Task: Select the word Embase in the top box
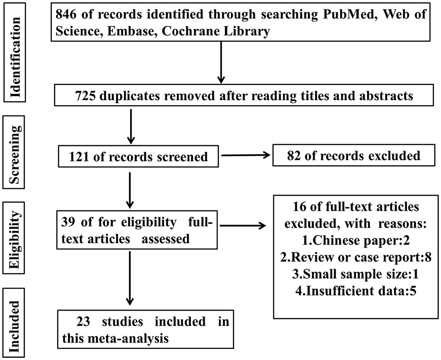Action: pos(131,31)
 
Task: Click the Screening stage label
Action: pos(14,152)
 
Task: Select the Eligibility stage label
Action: pos(14,238)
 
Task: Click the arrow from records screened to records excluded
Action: pos(246,155)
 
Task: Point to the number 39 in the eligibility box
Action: pos(68,222)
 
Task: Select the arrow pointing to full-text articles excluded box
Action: pos(243,225)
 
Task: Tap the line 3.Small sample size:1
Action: pos(355,274)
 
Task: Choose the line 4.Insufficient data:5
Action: pos(355,291)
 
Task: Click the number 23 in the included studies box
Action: pos(83,322)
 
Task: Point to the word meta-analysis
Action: pos(128,338)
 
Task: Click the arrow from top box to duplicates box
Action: pos(221,63)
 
